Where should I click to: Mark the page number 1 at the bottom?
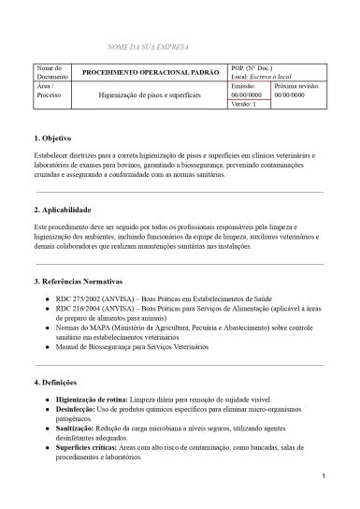[x=321, y=477]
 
